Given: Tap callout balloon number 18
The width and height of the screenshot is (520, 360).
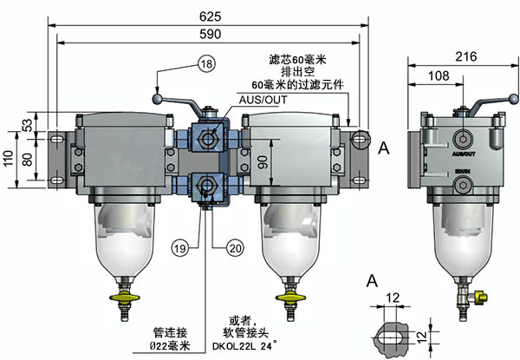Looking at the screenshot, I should click(205, 64).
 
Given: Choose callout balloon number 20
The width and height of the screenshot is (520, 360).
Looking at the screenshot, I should click(235, 245).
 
